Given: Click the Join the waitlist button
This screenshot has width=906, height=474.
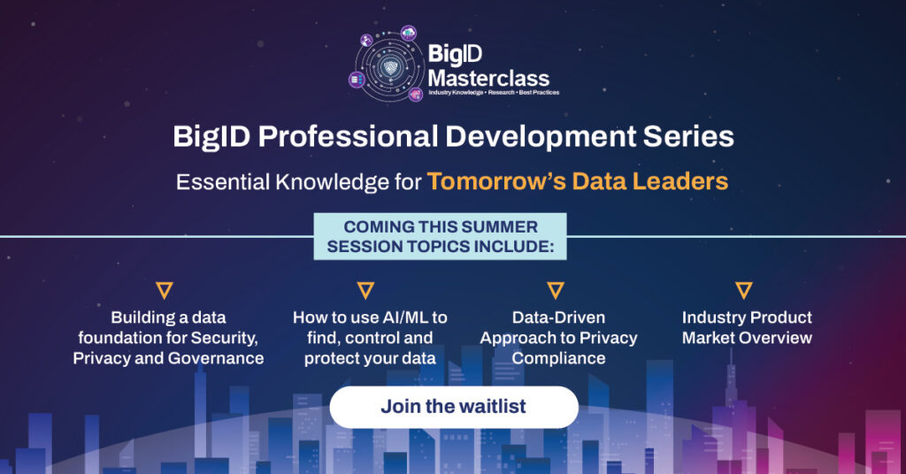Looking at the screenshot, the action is click(x=454, y=407).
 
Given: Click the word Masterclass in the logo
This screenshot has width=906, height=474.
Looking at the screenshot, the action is click(x=488, y=79).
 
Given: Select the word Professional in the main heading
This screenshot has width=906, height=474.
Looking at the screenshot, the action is click(x=348, y=137).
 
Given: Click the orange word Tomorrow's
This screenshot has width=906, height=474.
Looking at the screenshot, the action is click(x=496, y=181).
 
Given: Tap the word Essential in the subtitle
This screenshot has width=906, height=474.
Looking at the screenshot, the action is click(x=222, y=182).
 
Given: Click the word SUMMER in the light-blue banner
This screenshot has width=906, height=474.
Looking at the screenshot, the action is click(x=501, y=227).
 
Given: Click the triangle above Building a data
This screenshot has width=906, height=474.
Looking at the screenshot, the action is click(x=165, y=290).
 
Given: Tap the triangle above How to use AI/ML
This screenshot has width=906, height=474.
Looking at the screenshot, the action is click(x=365, y=290).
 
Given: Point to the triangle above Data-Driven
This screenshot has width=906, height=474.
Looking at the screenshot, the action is click(x=556, y=290).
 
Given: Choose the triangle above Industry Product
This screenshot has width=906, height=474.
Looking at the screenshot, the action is click(x=743, y=290).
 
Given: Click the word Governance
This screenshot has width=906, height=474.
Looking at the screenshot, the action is click(x=216, y=358).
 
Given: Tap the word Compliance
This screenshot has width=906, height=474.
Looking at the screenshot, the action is click(x=559, y=358).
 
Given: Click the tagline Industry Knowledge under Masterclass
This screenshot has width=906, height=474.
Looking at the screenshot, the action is click(x=456, y=92).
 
